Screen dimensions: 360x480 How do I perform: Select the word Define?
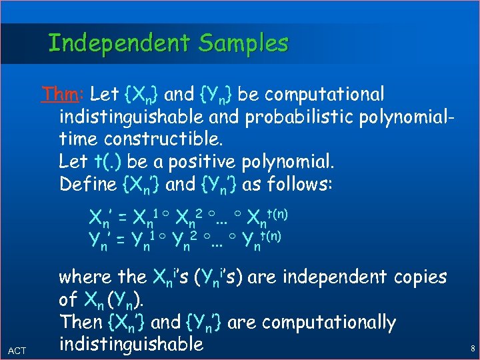[x=88, y=185]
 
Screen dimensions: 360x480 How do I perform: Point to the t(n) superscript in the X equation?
[x=276, y=212]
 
